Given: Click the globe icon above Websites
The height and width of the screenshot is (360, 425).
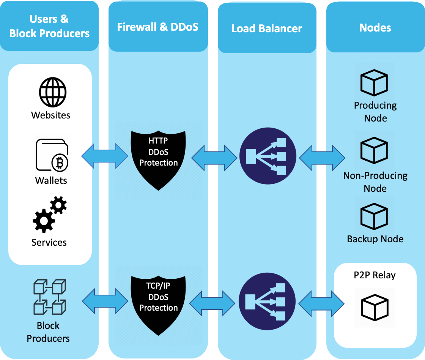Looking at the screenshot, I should (x=52, y=92).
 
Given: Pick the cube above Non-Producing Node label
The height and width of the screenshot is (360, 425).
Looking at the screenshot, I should (x=374, y=151).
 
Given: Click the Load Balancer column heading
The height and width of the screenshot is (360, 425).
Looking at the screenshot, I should (x=267, y=28).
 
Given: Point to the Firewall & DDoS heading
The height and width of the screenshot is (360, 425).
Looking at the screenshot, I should (x=157, y=27).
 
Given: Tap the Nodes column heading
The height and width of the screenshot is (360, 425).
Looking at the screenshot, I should (x=375, y=27).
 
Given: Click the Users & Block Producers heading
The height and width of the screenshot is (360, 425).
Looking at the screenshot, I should (x=49, y=26).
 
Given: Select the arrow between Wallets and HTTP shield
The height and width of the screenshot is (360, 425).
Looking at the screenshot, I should (x=105, y=156).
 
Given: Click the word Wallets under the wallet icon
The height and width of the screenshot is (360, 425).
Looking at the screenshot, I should (x=51, y=180).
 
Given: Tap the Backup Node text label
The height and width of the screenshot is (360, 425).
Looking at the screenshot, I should (x=375, y=239).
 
